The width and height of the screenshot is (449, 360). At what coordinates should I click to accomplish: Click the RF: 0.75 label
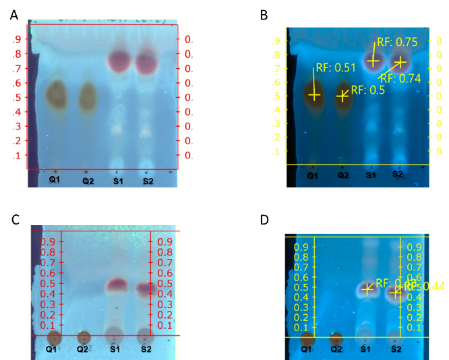(397, 42)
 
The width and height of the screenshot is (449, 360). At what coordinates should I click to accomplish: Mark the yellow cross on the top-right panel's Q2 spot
(343, 95)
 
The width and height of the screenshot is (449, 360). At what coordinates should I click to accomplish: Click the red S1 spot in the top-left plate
(119, 61)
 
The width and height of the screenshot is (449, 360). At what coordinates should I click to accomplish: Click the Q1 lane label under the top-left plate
(54, 180)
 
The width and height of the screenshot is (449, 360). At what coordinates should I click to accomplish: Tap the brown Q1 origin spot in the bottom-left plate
(53, 337)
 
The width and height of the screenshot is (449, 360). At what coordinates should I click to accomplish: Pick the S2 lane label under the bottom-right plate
(396, 349)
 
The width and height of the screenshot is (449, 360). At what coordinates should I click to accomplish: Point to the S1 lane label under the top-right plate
(370, 175)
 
